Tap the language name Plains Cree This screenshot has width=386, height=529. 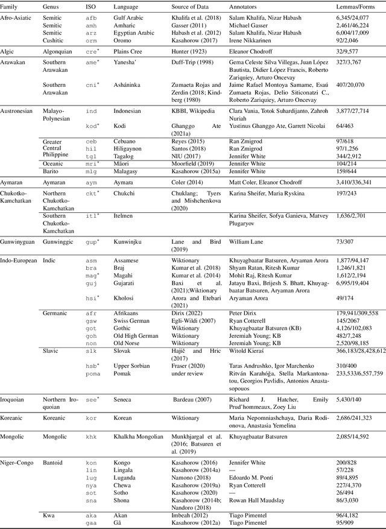tap(129, 52)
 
